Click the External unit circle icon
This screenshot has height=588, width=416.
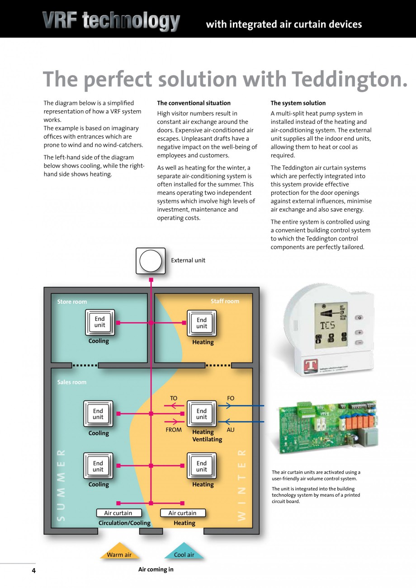[151, 261]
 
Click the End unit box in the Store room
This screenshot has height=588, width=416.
[99, 322]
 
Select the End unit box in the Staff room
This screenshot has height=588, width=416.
[202, 323]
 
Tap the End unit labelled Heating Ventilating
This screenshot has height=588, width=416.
[202, 414]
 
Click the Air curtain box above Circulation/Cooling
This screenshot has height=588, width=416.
[118, 513]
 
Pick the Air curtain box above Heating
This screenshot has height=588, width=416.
[182, 513]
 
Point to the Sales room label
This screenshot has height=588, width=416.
[71, 382]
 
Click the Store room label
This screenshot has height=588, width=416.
[72, 302]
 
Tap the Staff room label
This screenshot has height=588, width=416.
[225, 301]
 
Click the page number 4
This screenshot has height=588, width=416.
[33, 570]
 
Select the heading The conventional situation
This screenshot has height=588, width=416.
[194, 103]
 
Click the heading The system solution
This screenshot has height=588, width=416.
[298, 103]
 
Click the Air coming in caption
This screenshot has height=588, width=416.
[156, 569]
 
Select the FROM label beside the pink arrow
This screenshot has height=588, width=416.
[174, 430]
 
